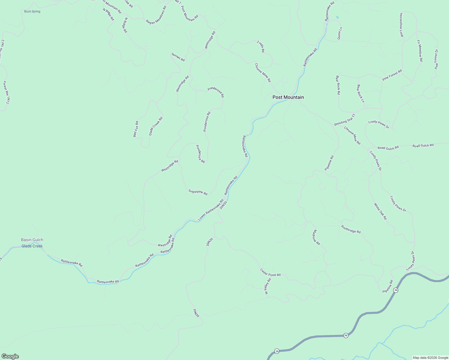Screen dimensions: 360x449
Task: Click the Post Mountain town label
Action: [x=288, y=97]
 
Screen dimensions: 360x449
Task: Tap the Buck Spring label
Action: [x=32, y=11]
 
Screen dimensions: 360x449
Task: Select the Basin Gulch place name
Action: [x=32, y=240]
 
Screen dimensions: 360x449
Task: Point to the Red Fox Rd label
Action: [x=136, y=129]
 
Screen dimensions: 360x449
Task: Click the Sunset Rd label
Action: [x=178, y=57]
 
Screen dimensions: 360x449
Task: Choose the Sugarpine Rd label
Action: [x=198, y=192]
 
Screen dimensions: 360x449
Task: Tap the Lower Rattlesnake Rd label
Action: [x=211, y=209]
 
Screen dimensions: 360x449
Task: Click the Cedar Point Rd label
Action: [x=270, y=272]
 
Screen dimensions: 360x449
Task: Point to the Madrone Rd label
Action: [x=316, y=237]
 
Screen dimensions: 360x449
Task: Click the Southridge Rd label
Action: [x=351, y=229]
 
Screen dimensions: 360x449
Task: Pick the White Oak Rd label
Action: [x=380, y=211]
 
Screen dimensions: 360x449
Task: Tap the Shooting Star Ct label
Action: [x=344, y=120]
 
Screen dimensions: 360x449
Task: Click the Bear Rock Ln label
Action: [x=360, y=93]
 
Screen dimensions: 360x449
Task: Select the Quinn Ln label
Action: [x=340, y=33]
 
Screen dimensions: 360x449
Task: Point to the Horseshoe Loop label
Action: [x=401, y=25]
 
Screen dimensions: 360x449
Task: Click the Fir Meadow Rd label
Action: [x=420, y=51]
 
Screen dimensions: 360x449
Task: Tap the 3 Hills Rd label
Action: [x=261, y=47]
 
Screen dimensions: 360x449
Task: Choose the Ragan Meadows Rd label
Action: [x=156, y=17]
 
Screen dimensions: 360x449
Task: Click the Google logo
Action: [x=10, y=356]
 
